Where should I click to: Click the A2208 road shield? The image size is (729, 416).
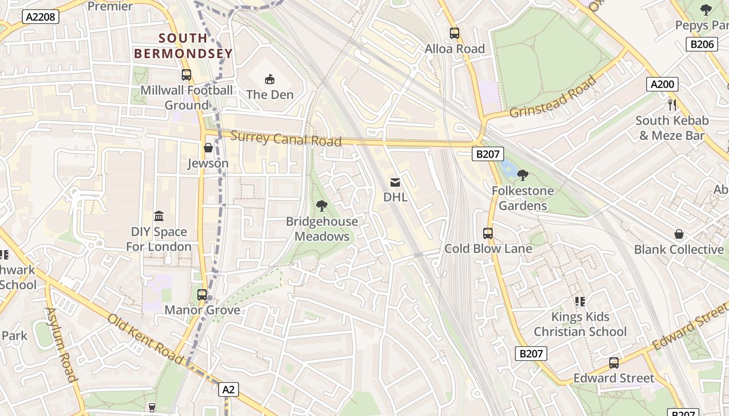click(x=41, y=17)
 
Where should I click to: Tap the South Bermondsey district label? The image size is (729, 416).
click(x=183, y=46)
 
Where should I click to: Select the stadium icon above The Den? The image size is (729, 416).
click(x=270, y=80)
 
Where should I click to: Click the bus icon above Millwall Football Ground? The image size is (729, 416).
click(x=186, y=75)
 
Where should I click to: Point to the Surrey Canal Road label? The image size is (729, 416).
click(x=286, y=139)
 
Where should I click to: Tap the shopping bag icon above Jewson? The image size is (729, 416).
click(x=208, y=148)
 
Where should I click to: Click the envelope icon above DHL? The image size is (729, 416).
click(x=395, y=183)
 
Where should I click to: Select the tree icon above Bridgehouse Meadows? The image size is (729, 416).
click(x=322, y=206)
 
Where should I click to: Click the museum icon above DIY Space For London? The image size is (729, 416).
click(x=159, y=216)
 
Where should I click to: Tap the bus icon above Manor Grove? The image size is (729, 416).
click(x=202, y=295)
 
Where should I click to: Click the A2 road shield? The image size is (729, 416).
click(x=229, y=389)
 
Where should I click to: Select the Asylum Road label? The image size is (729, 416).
click(x=61, y=344)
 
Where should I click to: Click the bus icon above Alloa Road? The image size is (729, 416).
click(x=455, y=33)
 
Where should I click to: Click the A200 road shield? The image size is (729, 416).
click(x=662, y=84)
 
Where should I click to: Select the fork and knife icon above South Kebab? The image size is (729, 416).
click(x=672, y=105)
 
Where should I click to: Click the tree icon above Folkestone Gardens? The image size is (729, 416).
click(x=523, y=175)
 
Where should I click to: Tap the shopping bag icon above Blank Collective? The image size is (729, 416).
click(x=679, y=234)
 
